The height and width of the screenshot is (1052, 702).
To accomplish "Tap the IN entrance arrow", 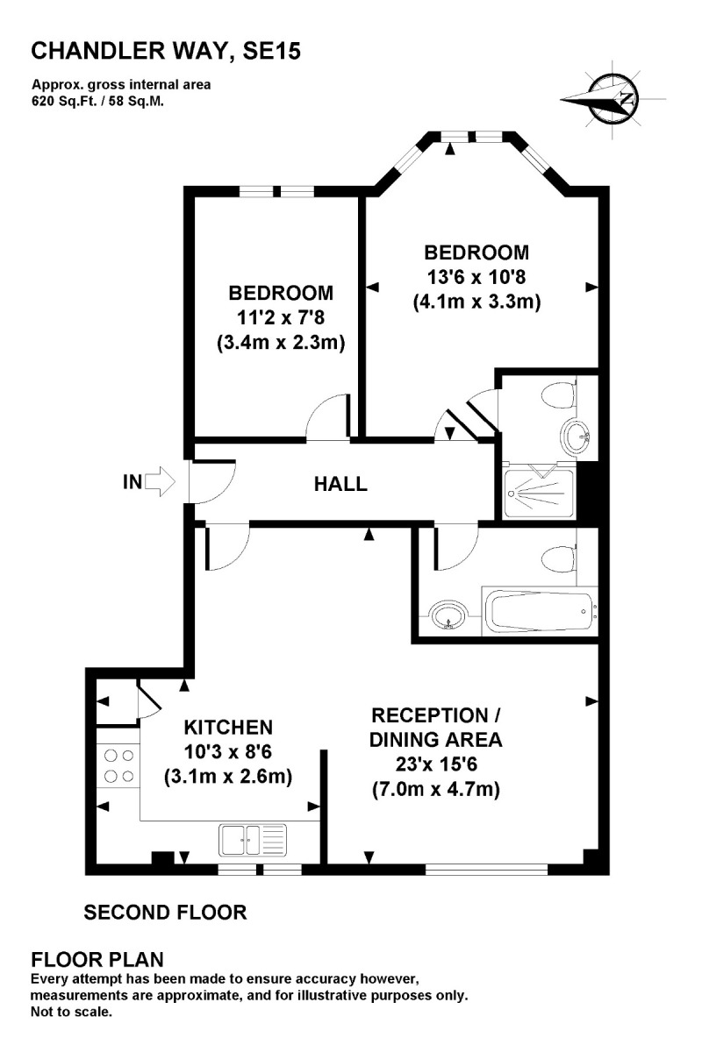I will coord(161,480).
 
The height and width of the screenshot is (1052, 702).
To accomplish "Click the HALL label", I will coord(340,484).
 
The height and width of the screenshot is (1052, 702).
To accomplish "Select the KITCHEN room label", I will coord(228,727).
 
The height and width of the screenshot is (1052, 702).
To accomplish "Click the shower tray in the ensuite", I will coord(539,494).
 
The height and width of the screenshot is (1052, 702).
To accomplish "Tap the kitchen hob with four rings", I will coord(118,764).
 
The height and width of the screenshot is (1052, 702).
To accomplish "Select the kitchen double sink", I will coord(251,840).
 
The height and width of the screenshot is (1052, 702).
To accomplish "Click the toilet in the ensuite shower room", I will coord(556,395).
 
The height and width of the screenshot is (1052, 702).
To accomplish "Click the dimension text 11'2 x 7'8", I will coord(280,318).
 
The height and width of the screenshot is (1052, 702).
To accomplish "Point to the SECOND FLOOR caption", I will coord(165,913).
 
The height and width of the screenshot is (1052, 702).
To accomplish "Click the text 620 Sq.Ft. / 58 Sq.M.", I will coord(98,101).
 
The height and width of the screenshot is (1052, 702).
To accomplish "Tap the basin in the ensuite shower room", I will coord(576,436).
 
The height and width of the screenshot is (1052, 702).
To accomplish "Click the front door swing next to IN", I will coord(211,482).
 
